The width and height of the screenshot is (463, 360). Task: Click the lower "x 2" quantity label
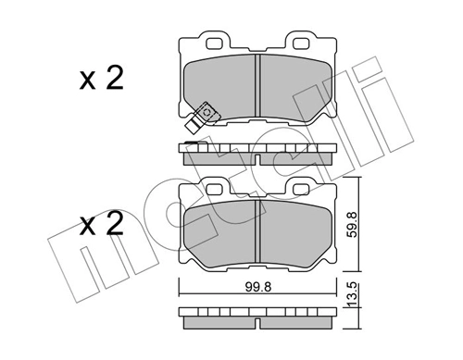101,226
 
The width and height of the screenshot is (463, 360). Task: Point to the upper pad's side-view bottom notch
257,155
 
